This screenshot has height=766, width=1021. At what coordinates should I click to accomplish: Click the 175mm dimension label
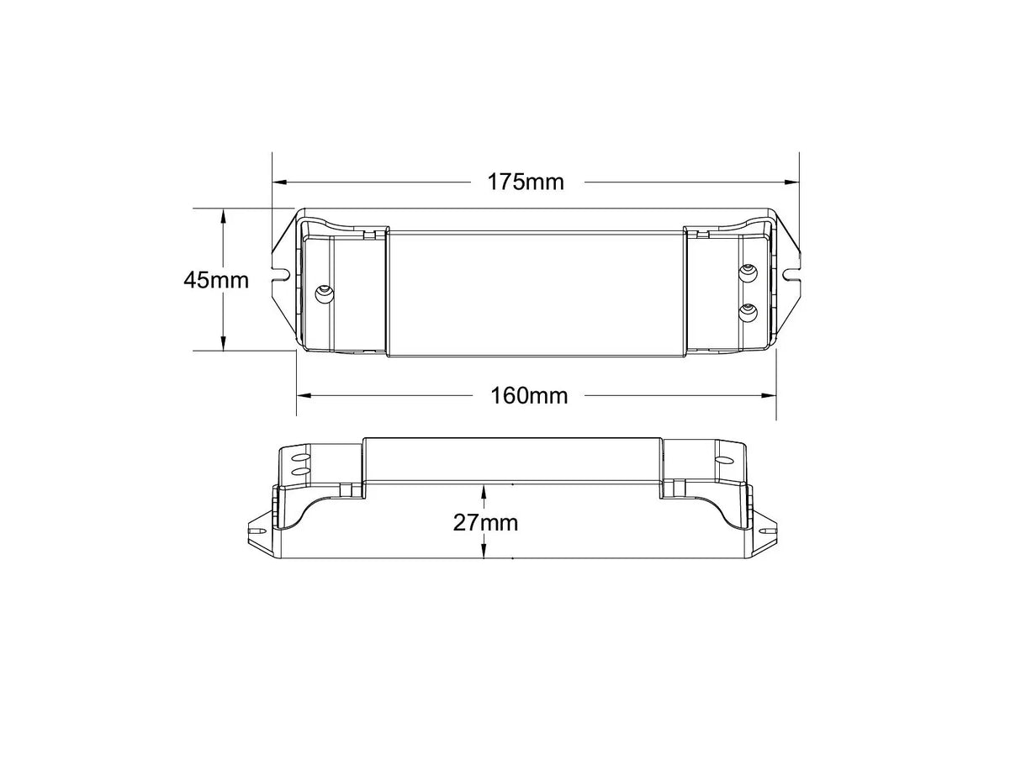526,182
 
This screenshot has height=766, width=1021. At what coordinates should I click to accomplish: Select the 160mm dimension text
529,395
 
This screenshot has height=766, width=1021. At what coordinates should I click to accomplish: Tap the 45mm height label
216,279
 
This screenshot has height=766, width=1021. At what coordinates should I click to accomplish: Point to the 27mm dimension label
485,522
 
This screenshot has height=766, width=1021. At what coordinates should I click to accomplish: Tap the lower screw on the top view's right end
747,312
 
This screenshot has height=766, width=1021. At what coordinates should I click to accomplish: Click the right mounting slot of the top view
791,273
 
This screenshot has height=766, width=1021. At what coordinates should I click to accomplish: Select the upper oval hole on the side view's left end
296,458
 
